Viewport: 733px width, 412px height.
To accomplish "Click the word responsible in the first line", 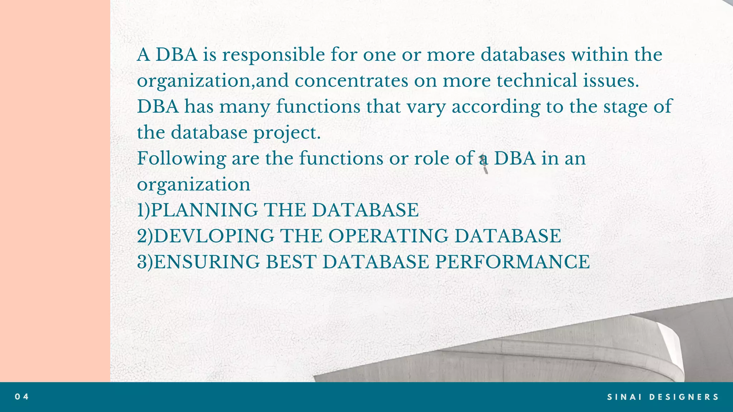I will [x=273, y=55].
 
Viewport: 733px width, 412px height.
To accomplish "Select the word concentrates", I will [x=351, y=81].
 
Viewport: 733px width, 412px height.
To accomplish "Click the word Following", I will [x=181, y=159].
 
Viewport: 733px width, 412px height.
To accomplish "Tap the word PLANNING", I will [x=204, y=210].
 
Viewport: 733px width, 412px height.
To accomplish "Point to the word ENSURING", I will [x=207, y=262].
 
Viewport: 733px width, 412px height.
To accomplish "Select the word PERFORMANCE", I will [x=512, y=262].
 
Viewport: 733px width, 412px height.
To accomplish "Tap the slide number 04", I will [x=22, y=397].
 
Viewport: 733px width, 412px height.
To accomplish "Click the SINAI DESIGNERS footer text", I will [x=663, y=397].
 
